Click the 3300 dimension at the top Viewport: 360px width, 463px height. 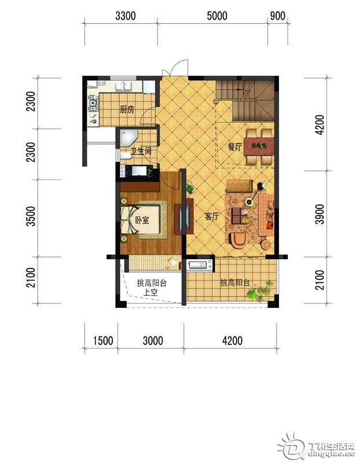pyautogui.click(x=126, y=16)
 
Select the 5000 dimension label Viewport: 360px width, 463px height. pyautogui.click(x=217, y=16)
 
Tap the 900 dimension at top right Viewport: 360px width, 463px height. pyautogui.click(x=278, y=16)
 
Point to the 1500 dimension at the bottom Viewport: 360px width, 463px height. pyautogui.click(x=103, y=340)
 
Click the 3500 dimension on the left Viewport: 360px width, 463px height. pyautogui.click(x=31, y=216)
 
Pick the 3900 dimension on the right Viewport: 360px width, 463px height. pyautogui.click(x=319, y=214)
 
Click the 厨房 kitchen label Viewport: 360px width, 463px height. pyautogui.click(x=127, y=110)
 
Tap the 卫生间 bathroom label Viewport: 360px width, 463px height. pyautogui.click(x=141, y=151)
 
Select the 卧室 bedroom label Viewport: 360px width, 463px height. pyautogui.click(x=142, y=220)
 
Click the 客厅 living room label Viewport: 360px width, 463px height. pyautogui.click(x=212, y=216)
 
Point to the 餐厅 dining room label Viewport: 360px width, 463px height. pyautogui.click(x=235, y=147)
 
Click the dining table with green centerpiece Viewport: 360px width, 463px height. pyautogui.click(x=259, y=146)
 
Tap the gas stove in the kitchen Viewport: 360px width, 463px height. pyautogui.click(x=93, y=102)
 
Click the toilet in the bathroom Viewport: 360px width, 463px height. pyautogui.click(x=126, y=156)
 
